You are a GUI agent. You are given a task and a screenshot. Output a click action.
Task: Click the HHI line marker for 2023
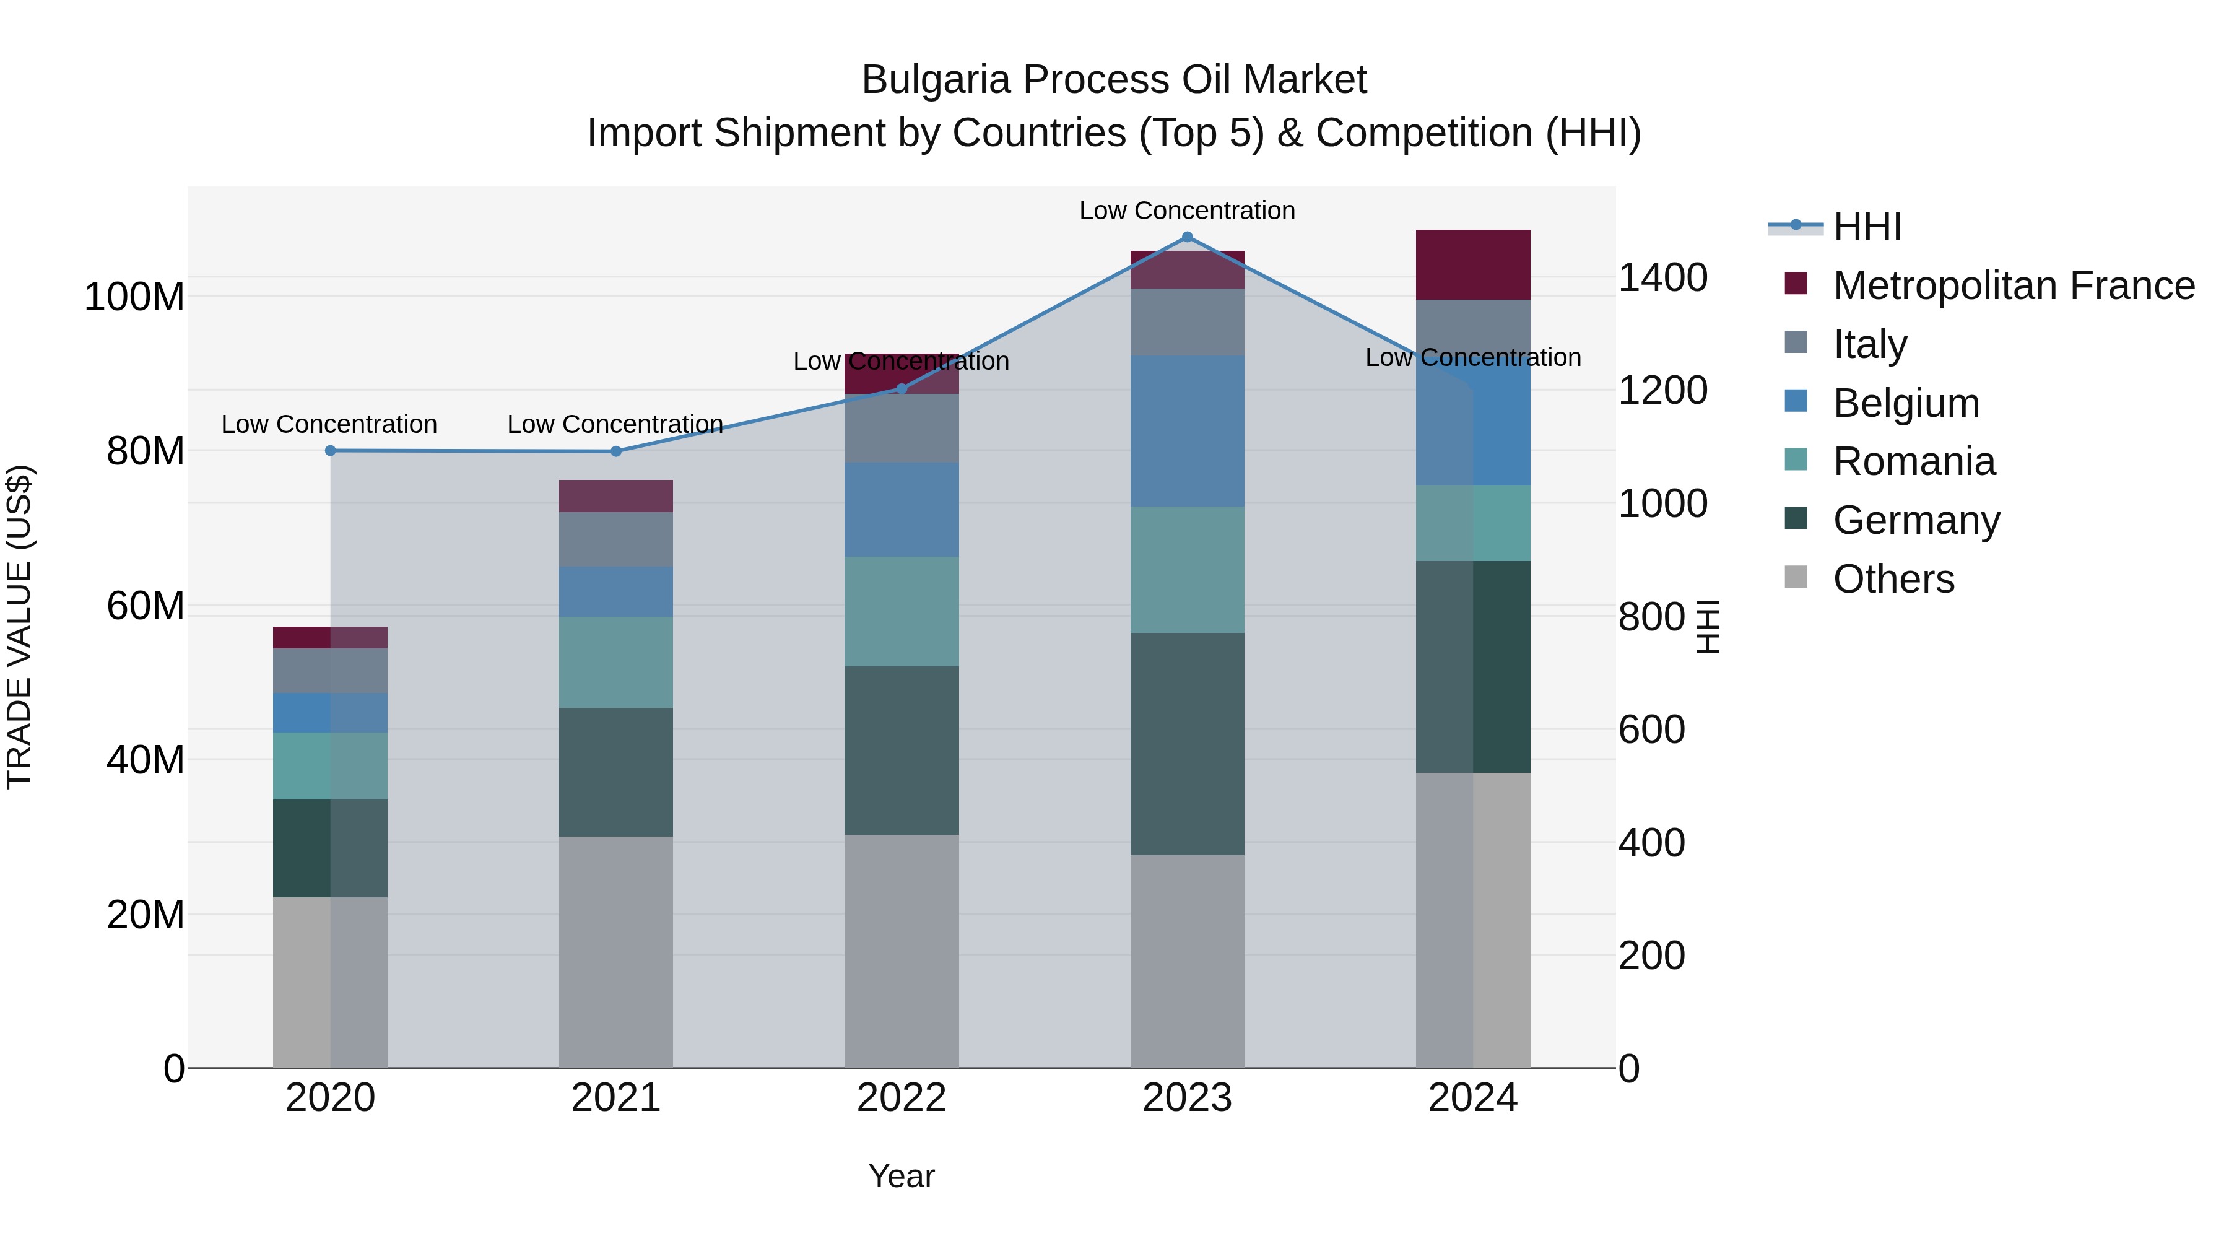1187,237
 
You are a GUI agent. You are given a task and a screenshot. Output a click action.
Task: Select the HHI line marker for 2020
331,451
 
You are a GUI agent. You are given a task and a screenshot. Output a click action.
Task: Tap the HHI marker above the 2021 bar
616,452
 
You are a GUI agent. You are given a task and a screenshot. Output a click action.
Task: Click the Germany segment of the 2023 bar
1187,744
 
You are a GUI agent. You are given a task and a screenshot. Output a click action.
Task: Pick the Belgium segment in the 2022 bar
902,510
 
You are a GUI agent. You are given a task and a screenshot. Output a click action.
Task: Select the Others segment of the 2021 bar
616,952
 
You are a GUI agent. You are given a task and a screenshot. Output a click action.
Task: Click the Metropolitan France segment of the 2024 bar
1473,265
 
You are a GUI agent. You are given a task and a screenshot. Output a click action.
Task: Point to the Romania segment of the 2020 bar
331,766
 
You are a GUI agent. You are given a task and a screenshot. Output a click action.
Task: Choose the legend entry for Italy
1869,344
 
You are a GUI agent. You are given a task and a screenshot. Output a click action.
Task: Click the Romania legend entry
1913,462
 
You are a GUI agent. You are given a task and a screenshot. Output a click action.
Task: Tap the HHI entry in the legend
1866,227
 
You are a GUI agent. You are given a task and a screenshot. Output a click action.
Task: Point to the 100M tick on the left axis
134,297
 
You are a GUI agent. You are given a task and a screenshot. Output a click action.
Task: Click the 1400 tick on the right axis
1662,278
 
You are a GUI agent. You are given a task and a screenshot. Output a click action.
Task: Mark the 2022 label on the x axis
902,1098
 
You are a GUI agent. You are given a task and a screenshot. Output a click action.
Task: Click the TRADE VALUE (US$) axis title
19,627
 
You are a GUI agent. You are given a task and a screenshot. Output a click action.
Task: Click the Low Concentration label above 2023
1187,211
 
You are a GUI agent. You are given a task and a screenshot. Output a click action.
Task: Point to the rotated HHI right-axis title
1707,627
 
